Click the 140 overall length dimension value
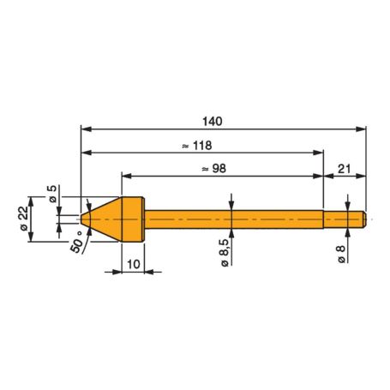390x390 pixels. click(x=221, y=121)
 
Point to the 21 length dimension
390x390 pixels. click(x=344, y=169)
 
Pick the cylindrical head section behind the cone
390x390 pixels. click(x=133, y=219)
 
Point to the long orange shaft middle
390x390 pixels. click(x=231, y=219)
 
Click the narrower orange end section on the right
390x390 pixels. click(x=345, y=219)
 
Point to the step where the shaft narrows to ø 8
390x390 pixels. click(x=323, y=219)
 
